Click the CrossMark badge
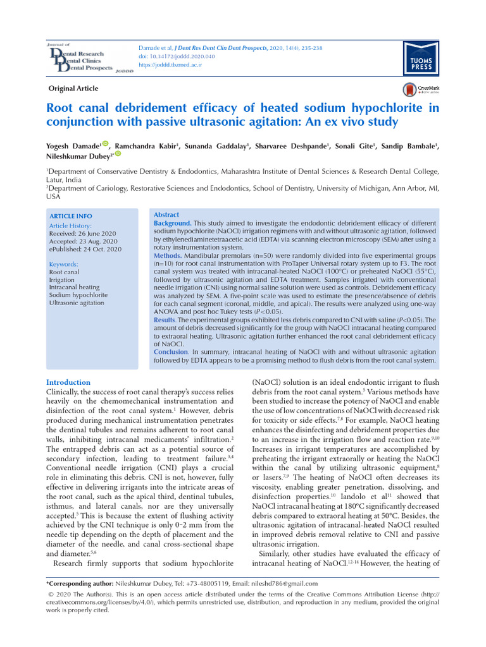(x=417, y=90)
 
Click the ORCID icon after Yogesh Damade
(x=105, y=145)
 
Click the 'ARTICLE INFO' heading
(x=70, y=216)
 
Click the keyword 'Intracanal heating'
(x=74, y=287)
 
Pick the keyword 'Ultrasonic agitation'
(x=77, y=303)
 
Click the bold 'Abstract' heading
(x=166, y=215)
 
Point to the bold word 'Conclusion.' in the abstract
(x=172, y=352)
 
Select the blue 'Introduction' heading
(x=68, y=382)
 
